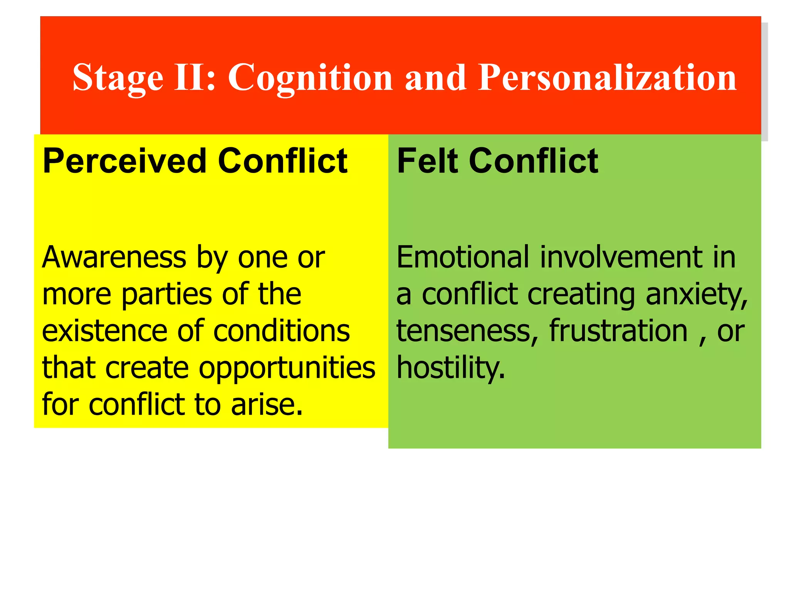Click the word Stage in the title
[118, 78]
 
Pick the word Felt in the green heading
[427, 161]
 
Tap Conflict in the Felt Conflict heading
[534, 161]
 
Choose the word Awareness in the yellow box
[114, 257]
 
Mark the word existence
[104, 331]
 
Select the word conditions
[281, 331]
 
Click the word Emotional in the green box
[463, 257]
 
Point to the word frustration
[618, 331]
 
